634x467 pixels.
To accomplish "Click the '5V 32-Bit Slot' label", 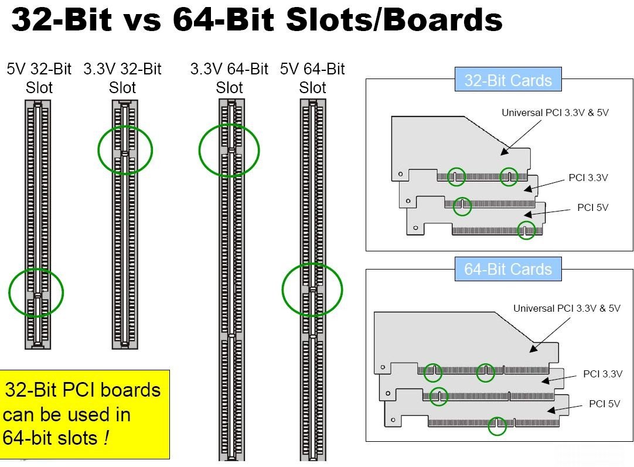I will (39, 79).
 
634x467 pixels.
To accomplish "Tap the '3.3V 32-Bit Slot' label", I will (122, 79).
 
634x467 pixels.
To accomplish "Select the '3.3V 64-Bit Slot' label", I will (229, 79).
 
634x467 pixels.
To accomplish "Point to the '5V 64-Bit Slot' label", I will (312, 79).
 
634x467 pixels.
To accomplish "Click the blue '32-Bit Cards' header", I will (508, 80).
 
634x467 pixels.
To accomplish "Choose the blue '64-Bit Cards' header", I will (508, 270).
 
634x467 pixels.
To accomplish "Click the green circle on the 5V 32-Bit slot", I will (36, 292).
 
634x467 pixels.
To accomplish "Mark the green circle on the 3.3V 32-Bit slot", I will (125, 150).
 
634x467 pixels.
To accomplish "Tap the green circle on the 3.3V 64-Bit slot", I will (229, 150).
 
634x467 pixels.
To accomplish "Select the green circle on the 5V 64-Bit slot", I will (312, 289).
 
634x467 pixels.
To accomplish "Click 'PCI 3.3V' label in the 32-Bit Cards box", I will (588, 178).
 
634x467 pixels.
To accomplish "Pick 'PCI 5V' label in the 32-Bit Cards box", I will (592, 207).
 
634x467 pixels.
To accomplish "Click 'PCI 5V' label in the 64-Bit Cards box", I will (604, 404).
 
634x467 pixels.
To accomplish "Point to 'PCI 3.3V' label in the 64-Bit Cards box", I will (602, 374).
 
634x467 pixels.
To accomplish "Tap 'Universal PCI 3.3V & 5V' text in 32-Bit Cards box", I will (555, 113).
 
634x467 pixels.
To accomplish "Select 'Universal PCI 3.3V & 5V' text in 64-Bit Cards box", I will (567, 308).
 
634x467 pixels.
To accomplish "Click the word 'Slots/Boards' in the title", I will (394, 21).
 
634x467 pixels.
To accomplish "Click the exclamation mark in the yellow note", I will (105, 438).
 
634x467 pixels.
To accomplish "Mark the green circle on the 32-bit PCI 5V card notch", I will (527, 230).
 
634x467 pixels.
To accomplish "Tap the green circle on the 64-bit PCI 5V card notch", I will (497, 426).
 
